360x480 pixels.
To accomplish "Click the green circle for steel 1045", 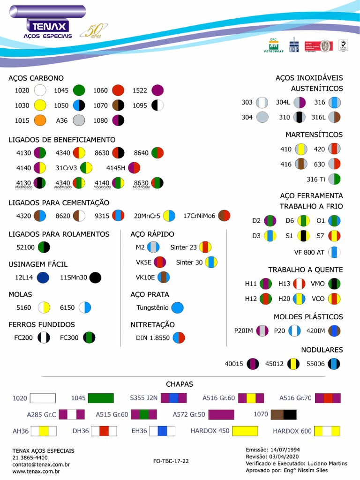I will pyautogui.click(x=79, y=90).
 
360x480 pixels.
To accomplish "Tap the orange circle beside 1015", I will pyautogui.click(x=40, y=120).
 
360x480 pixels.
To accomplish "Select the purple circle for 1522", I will pyautogui.click(x=157, y=90).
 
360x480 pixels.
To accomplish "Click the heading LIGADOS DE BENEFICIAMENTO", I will pyautogui.click(x=62, y=140).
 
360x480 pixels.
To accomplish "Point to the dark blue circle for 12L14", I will pyautogui.click(x=43, y=277).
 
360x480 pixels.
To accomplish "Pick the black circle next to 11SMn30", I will pyautogui.click(x=95, y=277).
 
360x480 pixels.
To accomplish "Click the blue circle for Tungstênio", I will pyautogui.click(x=177, y=308).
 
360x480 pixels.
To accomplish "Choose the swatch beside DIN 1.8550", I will pyautogui.click(x=179, y=337).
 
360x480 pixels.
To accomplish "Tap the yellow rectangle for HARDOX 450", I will pyautogui.click(x=245, y=430).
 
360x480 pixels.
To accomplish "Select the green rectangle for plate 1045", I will pyautogui.click(x=101, y=398).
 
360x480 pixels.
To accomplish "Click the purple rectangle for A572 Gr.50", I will pyautogui.click(x=221, y=414).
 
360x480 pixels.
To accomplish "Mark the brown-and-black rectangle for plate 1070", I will pyautogui.click(x=284, y=414).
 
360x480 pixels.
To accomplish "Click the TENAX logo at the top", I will pyautogui.click(x=48, y=25).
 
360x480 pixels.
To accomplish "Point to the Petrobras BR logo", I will pyautogui.click(x=272, y=46).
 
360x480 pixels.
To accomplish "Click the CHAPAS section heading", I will pyautogui.click(x=180, y=384).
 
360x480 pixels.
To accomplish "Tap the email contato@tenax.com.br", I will pyautogui.click(x=41, y=465).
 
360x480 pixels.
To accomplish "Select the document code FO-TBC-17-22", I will pyautogui.click(x=171, y=461).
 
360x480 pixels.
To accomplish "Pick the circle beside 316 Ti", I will pyautogui.click(x=334, y=179).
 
